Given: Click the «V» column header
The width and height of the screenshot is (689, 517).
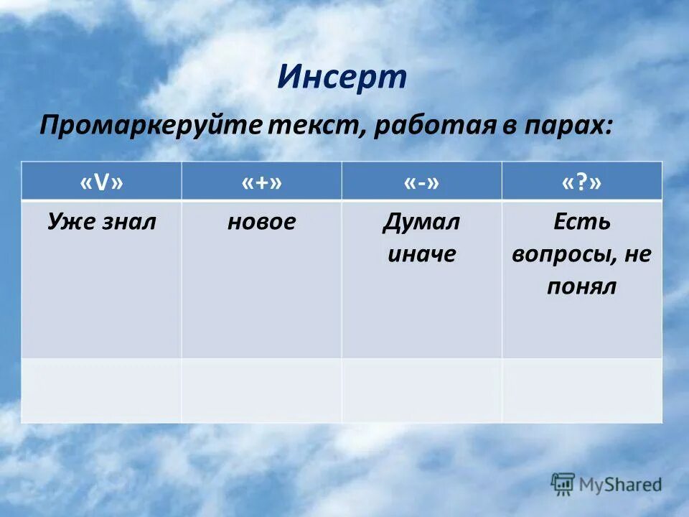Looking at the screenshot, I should pos(101,182).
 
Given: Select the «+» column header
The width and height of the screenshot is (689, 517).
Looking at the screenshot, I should pos(261,182).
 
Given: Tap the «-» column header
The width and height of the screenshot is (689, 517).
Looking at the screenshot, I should pos(421,182).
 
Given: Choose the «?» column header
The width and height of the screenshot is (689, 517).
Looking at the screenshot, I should pos(581,182).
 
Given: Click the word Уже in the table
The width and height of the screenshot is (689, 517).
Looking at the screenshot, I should pos(70,221).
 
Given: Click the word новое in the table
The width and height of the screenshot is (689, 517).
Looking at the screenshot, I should pos(261,221).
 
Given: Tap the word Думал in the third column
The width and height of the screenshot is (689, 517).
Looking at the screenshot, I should pos(421,221).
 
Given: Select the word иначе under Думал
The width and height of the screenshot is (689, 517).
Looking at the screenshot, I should pos(421,253).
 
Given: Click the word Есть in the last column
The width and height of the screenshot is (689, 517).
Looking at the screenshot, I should pos(581,221).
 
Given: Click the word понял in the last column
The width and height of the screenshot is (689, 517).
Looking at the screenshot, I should pos(581,287).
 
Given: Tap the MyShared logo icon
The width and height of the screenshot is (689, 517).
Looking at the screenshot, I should pos(563,484).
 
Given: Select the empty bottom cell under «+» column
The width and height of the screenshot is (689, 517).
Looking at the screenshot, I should pos(261,390).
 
